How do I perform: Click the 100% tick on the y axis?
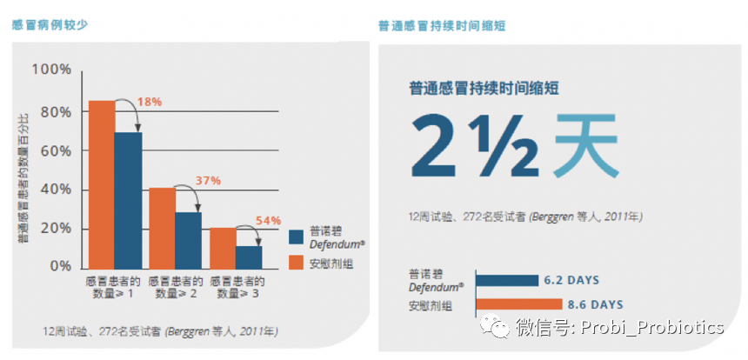click(51, 69)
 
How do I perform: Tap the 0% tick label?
click(60, 266)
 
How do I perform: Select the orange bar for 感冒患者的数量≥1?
click(102, 183)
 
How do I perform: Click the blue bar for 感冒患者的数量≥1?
click(128, 199)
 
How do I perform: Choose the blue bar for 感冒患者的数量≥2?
click(188, 238)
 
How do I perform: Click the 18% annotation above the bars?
click(150, 102)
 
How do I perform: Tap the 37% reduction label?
click(209, 180)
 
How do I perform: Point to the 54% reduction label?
click(269, 221)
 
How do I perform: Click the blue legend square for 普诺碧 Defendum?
click(296, 237)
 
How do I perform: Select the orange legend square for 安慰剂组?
click(296, 263)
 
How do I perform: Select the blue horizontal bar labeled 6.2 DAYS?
click(506, 280)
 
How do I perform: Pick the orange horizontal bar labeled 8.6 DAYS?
click(518, 304)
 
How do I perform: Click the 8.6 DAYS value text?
click(595, 305)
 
